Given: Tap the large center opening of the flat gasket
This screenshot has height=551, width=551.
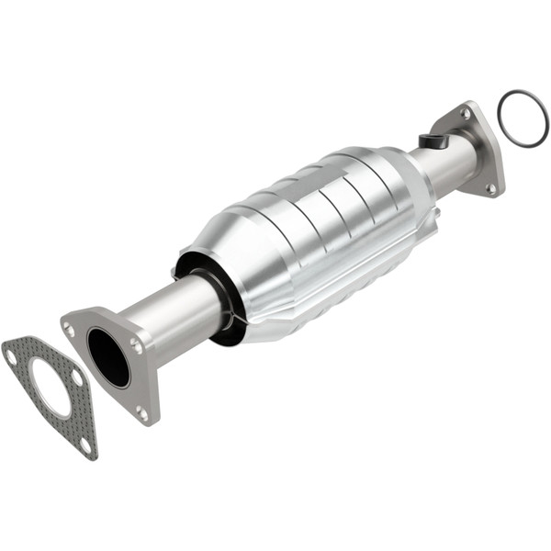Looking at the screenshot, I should pos(47,387).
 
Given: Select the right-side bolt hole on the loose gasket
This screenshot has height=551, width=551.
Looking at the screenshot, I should pos(77,377).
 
